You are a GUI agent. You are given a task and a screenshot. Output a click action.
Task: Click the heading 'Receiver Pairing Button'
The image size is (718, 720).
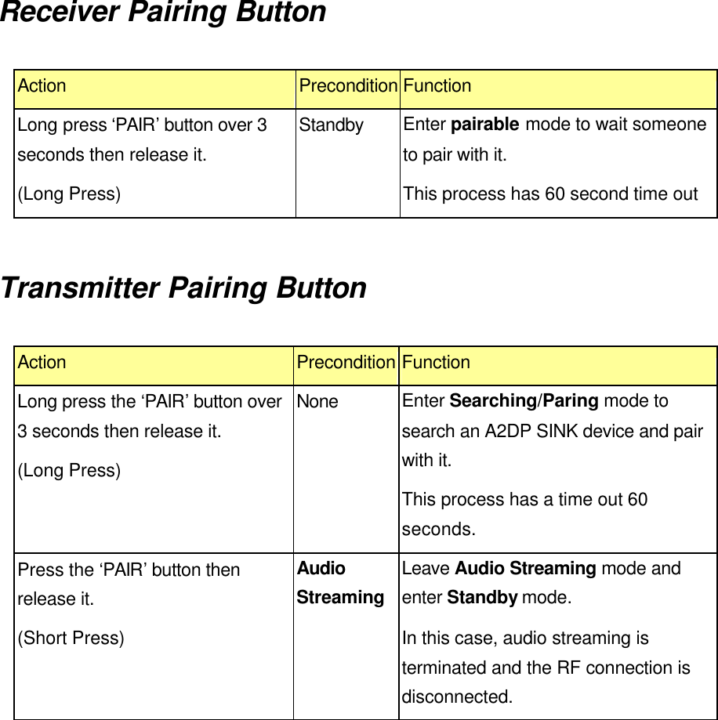(163, 13)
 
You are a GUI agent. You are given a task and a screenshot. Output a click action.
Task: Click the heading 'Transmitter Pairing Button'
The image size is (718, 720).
(183, 288)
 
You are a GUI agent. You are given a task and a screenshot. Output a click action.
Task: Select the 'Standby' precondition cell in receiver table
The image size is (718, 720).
(332, 125)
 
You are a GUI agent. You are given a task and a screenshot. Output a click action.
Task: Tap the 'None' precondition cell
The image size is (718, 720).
(317, 402)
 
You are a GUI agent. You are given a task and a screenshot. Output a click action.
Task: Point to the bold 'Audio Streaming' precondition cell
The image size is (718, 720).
(339, 583)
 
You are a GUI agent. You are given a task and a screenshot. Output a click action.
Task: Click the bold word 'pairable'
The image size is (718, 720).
(485, 125)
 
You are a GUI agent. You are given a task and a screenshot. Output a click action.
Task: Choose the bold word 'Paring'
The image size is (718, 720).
(571, 401)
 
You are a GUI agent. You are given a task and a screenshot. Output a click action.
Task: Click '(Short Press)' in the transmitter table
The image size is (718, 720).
(71, 639)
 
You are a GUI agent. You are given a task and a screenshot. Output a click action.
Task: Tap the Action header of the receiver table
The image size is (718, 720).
(42, 86)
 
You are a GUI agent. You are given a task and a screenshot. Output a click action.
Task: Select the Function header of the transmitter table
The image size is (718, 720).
(436, 363)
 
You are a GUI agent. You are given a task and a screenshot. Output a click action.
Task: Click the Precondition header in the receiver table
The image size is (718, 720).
(348, 86)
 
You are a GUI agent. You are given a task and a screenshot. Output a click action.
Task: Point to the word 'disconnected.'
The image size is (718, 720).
(458, 696)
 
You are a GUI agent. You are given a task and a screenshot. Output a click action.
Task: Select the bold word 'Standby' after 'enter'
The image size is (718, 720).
(481, 598)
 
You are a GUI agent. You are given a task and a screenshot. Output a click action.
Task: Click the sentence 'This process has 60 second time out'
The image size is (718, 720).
(549, 194)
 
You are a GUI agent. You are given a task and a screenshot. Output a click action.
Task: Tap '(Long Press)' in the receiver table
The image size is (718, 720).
(69, 194)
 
